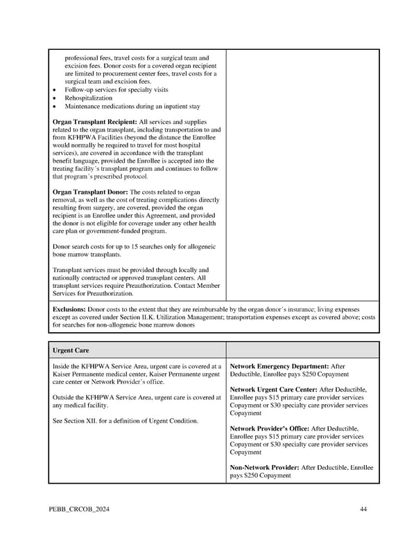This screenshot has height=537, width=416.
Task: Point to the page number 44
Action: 363,510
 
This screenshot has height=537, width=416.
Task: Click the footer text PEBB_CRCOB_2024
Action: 80,510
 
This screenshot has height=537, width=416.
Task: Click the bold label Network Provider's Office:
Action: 270,429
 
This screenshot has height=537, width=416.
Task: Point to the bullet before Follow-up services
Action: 55,90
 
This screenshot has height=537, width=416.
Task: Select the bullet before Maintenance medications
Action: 55,107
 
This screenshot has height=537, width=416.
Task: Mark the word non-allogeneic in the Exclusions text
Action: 118,325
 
